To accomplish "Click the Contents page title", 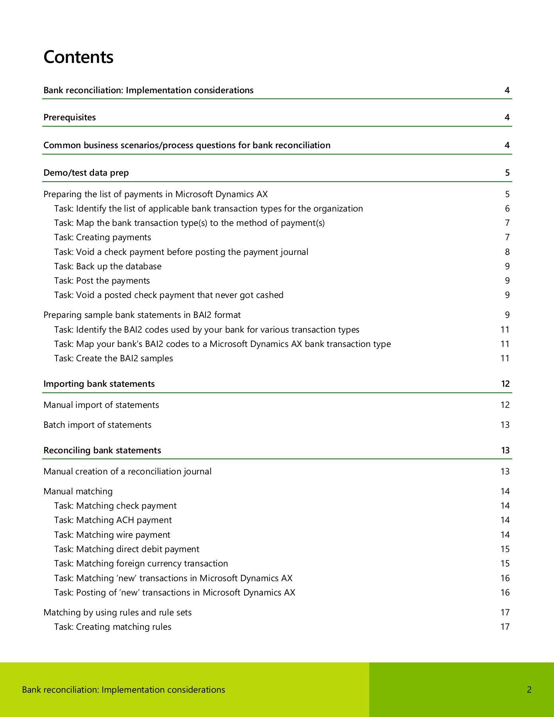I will tap(78, 57).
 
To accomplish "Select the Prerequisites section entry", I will tap(70, 118).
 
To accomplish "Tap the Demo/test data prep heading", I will tap(86, 173).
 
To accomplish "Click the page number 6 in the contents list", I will tap(507, 209).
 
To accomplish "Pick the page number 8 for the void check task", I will tap(507, 252).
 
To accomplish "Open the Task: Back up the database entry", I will tap(108, 266).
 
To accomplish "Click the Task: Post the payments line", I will tap(102, 281).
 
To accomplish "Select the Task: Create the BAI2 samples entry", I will tap(114, 358).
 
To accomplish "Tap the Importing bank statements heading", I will tap(99, 384).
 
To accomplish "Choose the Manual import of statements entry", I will tap(101, 405).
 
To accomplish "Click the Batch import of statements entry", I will tap(98, 425).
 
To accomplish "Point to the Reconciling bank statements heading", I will tap(102, 451).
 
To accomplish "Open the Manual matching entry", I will tap(78, 492).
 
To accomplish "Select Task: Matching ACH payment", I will tap(113, 520).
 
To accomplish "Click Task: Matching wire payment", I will tap(112, 535).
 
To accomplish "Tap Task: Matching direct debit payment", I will tap(127, 549).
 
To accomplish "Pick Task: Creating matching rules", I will tap(113, 627).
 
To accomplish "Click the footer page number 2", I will tap(529, 690).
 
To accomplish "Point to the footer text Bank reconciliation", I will tap(123, 690).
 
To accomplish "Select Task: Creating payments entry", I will tap(103, 237).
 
